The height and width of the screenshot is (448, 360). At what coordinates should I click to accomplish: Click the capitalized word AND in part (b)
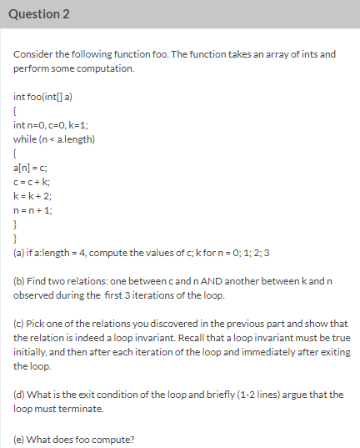(232, 281)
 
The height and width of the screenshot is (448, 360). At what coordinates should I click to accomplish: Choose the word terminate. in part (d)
(85, 409)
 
